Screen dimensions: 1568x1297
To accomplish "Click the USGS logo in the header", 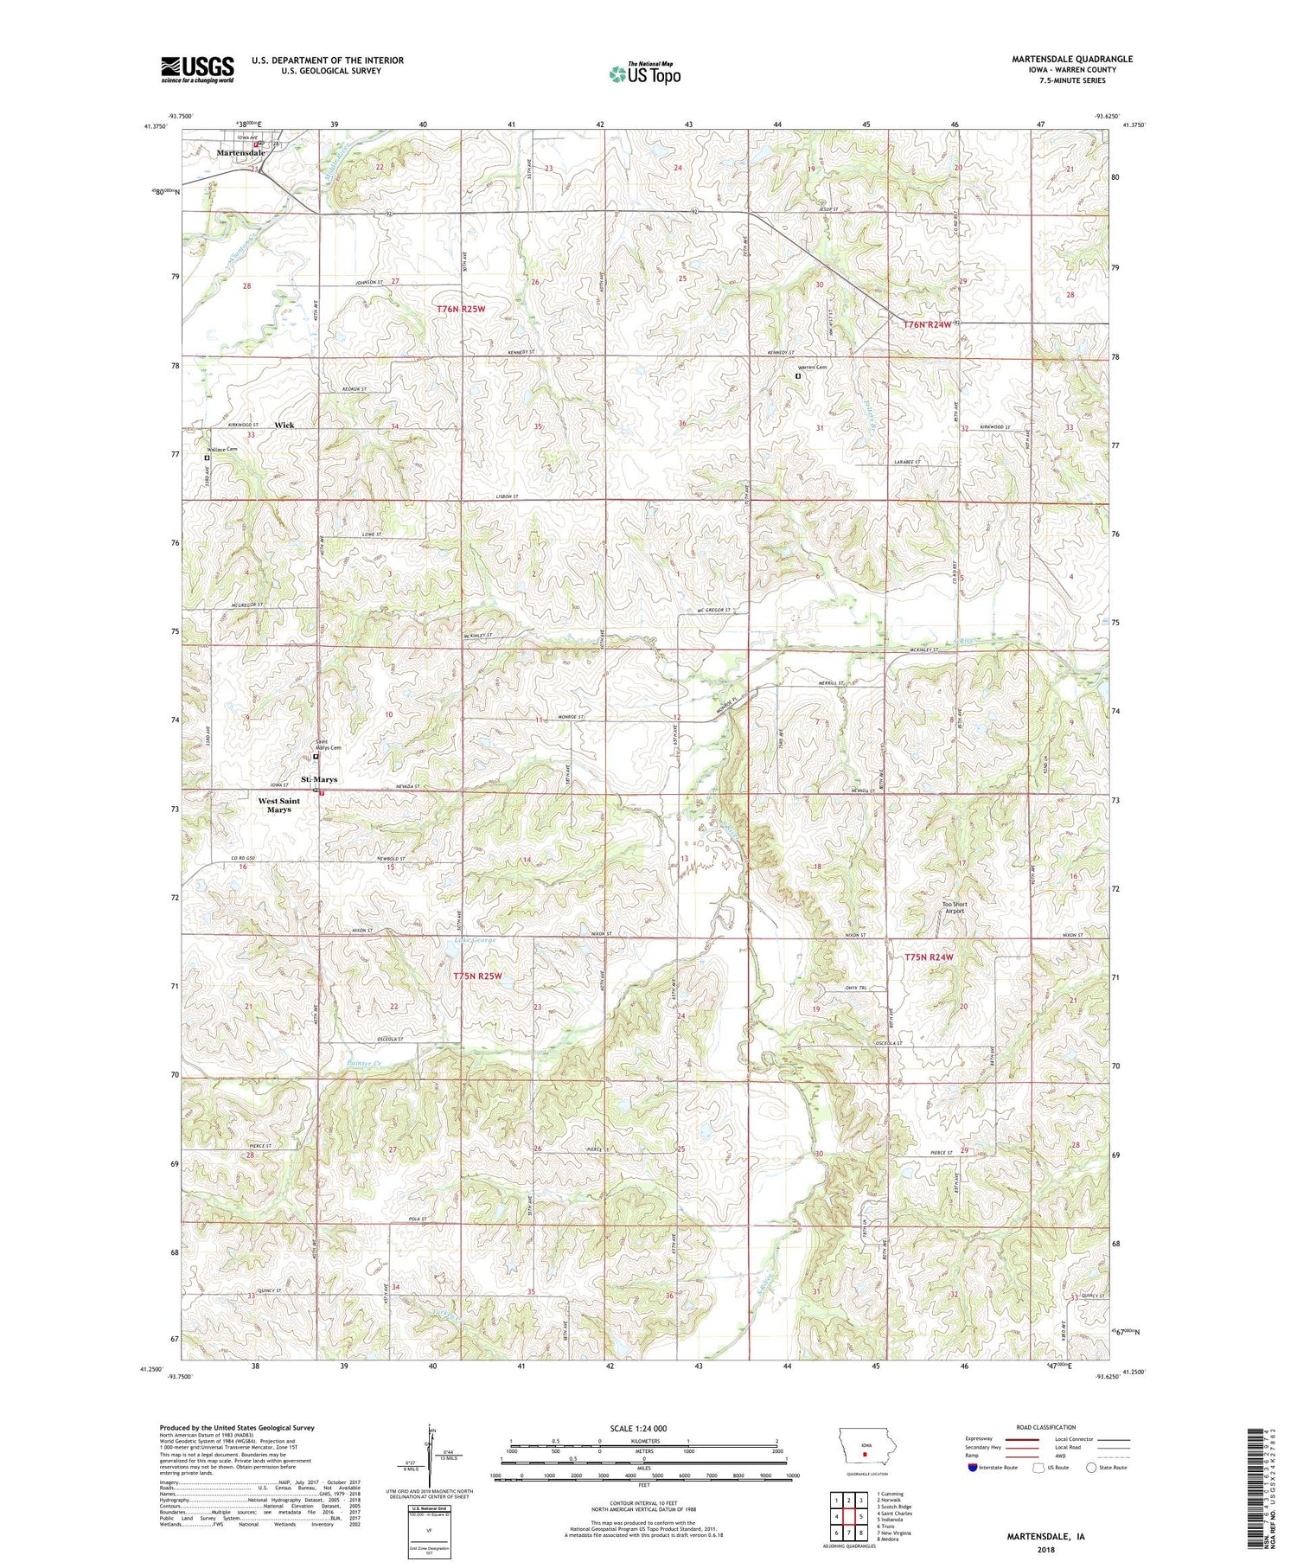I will pyautogui.click(x=197, y=69).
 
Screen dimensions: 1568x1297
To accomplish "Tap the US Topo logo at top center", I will pyautogui.click(x=644, y=74).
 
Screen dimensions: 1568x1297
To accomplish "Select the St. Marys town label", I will pyautogui.click(x=319, y=779).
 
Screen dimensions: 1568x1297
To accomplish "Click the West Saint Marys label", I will pyautogui.click(x=278, y=805).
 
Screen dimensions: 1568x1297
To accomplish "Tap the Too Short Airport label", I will pyautogui.click(x=955, y=907).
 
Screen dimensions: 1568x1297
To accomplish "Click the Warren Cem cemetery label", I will pyautogui.click(x=811, y=368).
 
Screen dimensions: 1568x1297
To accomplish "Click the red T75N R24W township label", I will pyautogui.click(x=928, y=957).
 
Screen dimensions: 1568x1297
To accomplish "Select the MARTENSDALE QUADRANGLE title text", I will pyautogui.click(x=1071, y=59).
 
